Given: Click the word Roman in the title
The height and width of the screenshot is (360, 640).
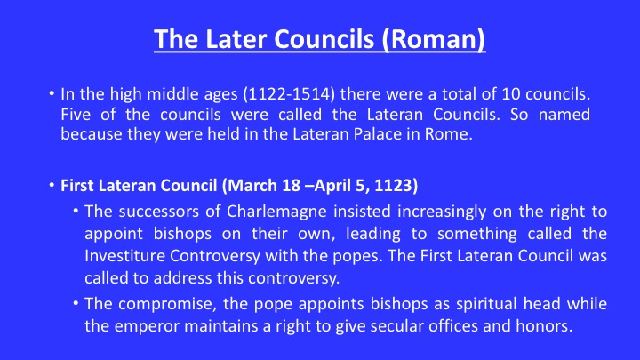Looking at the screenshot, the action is [x=434, y=39].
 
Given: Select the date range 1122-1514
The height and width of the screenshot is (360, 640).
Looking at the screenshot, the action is [x=289, y=94].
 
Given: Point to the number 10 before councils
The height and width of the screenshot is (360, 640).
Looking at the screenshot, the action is [x=511, y=94].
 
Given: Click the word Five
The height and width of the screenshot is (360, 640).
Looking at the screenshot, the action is [x=76, y=115].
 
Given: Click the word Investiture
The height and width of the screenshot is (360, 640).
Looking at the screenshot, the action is [x=124, y=256].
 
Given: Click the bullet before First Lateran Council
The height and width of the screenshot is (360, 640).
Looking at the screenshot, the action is [x=52, y=185].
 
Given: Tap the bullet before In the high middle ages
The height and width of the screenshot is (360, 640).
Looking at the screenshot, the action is [x=52, y=94].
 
